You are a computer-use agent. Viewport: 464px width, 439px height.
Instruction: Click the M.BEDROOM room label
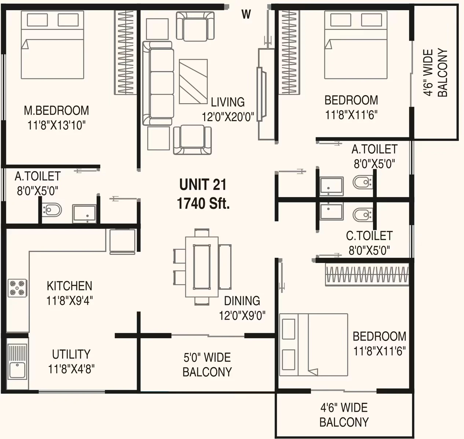click(x=56, y=110)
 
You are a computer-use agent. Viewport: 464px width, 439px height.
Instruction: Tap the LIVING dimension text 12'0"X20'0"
click(x=228, y=116)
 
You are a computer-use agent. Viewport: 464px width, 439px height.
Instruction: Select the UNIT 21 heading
click(x=203, y=185)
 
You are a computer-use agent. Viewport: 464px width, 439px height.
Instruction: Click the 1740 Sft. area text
click(x=203, y=203)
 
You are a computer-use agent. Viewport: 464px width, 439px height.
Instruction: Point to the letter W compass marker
click(x=246, y=14)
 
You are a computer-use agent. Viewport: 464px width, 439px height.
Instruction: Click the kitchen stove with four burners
click(x=17, y=288)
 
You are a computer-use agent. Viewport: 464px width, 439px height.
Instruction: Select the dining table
click(x=202, y=267)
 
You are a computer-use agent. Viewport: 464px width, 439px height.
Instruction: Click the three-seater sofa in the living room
click(x=158, y=83)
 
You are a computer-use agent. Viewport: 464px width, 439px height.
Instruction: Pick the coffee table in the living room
click(x=193, y=82)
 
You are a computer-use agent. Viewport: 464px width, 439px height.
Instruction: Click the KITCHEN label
click(x=69, y=286)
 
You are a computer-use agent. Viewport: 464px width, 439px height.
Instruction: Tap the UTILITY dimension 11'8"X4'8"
click(x=71, y=369)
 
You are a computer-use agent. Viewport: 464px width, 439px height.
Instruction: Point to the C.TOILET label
click(x=369, y=235)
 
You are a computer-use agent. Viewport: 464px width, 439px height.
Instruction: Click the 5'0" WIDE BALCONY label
click(x=207, y=365)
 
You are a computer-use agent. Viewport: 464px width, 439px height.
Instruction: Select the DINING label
click(x=242, y=301)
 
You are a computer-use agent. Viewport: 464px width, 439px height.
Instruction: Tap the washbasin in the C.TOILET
click(x=331, y=211)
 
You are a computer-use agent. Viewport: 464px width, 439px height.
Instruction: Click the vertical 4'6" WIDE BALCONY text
click(x=435, y=72)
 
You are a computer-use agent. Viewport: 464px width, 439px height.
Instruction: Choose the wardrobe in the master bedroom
click(x=126, y=52)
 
